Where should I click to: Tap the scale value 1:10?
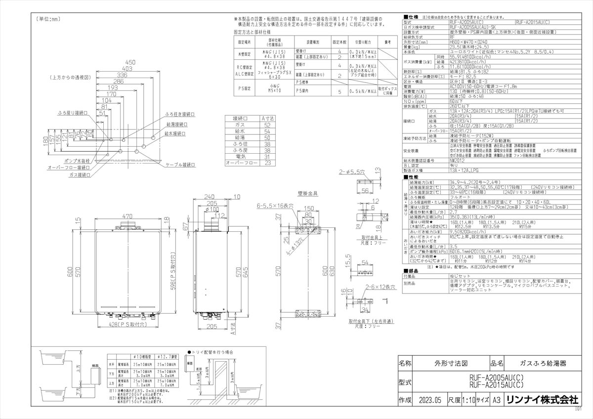[x=470, y=400]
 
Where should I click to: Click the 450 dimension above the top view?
[x=130, y=63]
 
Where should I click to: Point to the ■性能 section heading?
[x=411, y=176]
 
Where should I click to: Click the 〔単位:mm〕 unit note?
[x=48, y=19]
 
